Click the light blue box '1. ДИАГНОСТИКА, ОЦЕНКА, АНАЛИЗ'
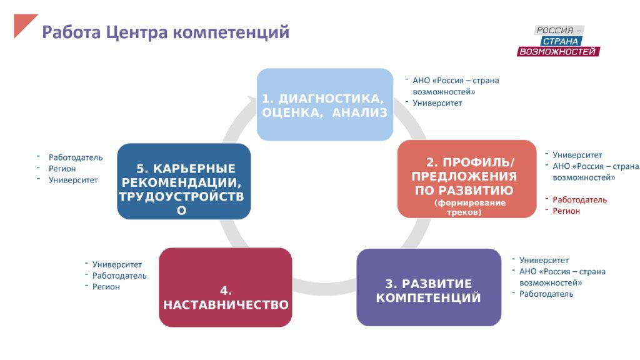point(325,104)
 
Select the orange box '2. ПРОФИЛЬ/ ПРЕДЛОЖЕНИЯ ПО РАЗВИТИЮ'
point(467,179)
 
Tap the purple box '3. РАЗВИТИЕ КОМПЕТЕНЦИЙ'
point(429,287)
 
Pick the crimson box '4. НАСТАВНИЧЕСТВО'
point(226,287)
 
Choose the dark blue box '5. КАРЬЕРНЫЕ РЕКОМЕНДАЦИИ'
point(184,181)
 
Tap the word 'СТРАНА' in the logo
point(561,41)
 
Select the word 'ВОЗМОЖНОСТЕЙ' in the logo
point(557,51)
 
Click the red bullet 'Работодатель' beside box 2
point(579,199)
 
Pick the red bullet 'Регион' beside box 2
point(566,211)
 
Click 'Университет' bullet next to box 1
point(437,103)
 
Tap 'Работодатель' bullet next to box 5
point(76,157)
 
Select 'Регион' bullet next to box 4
point(106,287)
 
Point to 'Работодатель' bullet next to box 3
point(546,294)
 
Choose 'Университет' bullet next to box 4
point(117,264)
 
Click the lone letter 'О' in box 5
point(182,210)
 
